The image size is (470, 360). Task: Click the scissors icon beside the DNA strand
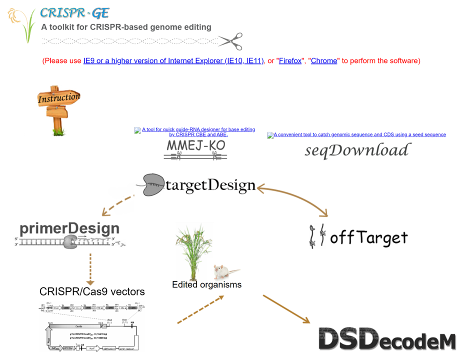click(230, 41)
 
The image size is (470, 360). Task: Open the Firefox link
click(290, 61)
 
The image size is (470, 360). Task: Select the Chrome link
click(324, 61)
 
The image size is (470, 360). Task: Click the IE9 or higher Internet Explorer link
click(173, 61)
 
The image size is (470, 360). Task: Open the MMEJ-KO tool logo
click(196, 149)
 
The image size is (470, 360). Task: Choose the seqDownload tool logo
click(357, 150)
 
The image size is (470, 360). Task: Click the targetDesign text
click(210, 185)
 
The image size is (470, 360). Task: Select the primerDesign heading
click(69, 228)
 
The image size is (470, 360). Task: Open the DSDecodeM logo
click(387, 339)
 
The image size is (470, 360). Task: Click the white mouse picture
click(221, 272)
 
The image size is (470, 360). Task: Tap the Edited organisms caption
click(206, 284)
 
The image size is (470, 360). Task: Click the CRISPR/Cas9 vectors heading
click(92, 291)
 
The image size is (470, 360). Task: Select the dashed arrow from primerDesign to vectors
click(90, 268)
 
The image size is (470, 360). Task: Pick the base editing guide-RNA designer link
click(198, 132)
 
